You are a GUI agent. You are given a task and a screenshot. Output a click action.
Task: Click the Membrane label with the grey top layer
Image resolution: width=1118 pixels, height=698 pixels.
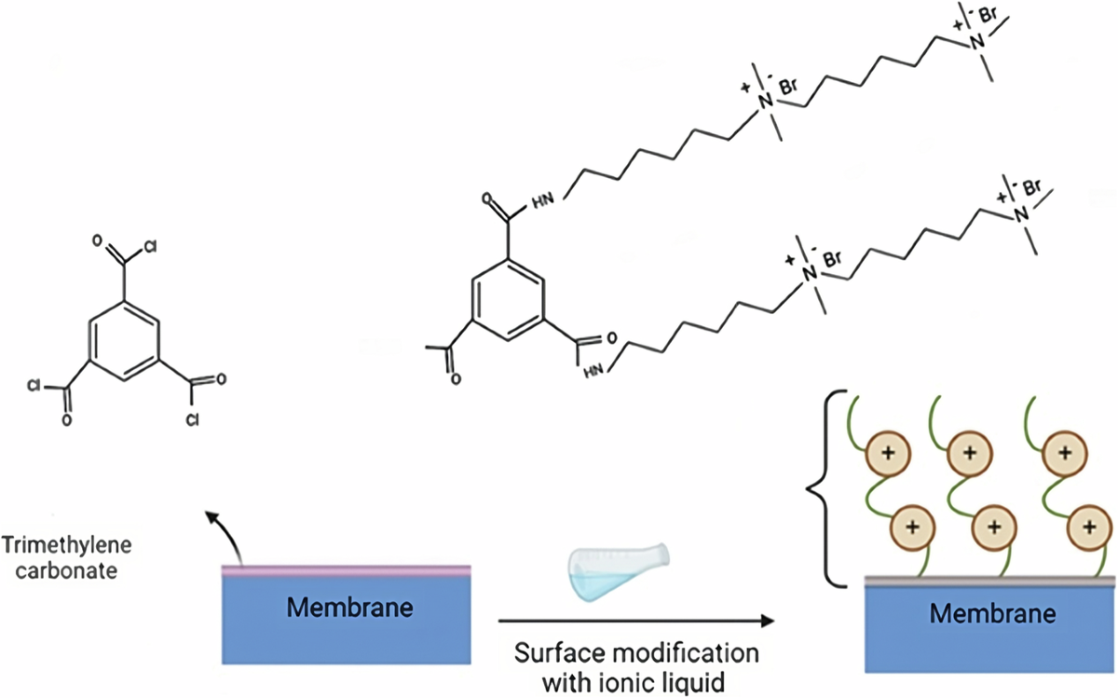991,614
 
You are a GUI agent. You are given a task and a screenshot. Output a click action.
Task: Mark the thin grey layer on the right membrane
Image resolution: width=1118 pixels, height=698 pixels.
991,582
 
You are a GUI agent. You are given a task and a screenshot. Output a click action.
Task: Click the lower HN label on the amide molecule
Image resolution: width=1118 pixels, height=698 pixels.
593,370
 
